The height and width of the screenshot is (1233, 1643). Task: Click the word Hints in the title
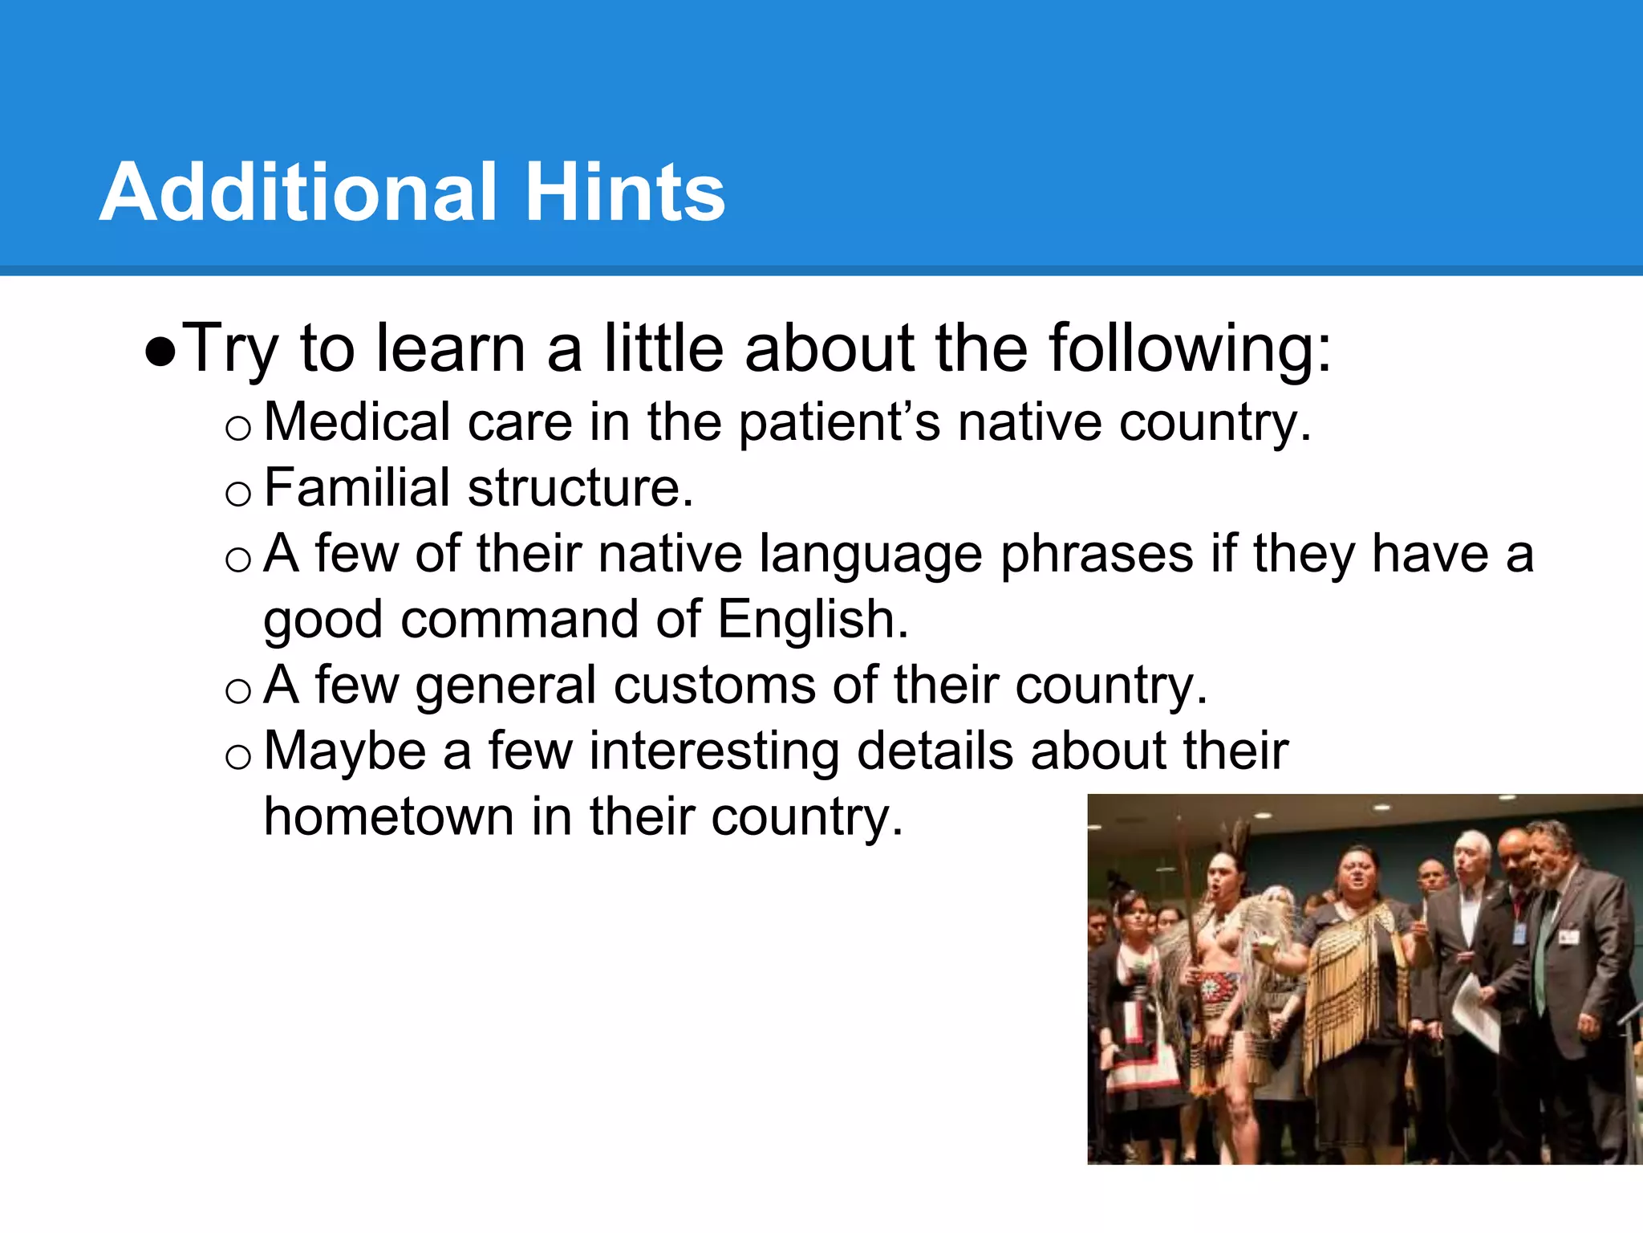(625, 193)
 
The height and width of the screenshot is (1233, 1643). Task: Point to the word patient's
(839, 423)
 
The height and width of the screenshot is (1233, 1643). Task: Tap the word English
(812, 620)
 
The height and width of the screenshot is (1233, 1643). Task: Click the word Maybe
(345, 751)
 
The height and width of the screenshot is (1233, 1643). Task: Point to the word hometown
(388, 817)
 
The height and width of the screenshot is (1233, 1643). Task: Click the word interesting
(713, 751)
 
